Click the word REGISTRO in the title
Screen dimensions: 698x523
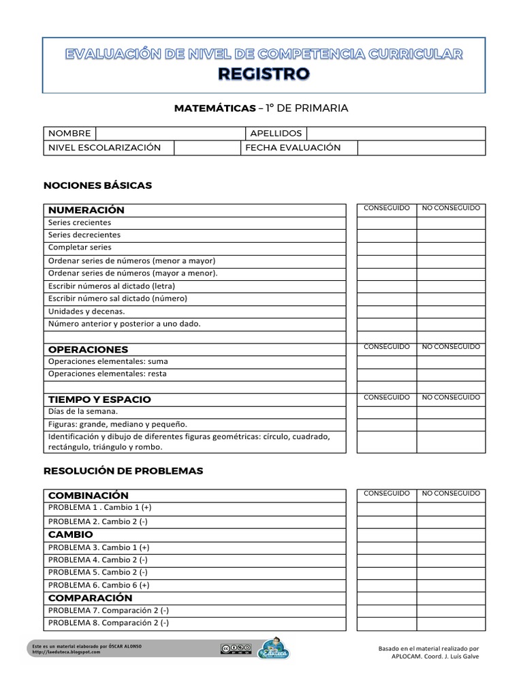[264, 74]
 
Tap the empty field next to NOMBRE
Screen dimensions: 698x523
[170, 134]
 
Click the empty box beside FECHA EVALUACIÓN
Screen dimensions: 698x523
[421, 148]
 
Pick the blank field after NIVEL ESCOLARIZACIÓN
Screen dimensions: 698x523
[208, 148]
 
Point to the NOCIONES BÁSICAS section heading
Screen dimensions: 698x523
[97, 185]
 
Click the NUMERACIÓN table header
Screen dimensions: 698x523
[86, 210]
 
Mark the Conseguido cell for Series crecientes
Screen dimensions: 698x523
[387, 223]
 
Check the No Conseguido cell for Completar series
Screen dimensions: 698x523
[451, 248]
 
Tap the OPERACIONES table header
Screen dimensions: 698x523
[89, 350]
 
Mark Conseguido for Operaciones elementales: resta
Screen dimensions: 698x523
[387, 374]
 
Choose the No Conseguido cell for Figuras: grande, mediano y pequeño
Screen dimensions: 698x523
[451, 424]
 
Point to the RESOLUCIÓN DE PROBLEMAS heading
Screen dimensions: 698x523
[123, 471]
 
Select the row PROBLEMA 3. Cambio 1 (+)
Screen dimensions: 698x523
[99, 547]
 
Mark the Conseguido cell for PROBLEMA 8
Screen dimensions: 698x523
[387, 623]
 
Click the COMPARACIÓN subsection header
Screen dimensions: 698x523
[91, 598]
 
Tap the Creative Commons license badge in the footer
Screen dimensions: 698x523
[236, 649]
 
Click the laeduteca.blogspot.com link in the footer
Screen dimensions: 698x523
[67, 652]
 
